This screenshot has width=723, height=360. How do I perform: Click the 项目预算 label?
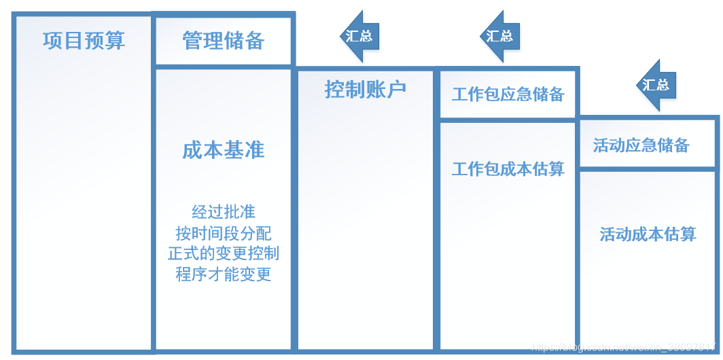tap(84, 41)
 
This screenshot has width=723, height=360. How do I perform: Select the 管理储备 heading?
tap(224, 41)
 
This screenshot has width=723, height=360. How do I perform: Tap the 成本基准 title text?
tap(224, 150)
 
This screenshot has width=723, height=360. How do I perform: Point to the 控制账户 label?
tap(365, 89)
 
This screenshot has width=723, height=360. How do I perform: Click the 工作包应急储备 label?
tap(508, 94)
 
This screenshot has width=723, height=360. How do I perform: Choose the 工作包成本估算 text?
tap(508, 168)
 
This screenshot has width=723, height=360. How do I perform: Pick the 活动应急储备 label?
tap(641, 145)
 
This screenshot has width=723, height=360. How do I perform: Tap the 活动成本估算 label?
tap(648, 235)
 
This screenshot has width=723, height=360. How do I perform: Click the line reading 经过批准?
tap(224, 211)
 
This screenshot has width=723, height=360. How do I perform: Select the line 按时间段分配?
tap(224, 233)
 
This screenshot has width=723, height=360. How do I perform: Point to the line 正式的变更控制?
tap(224, 253)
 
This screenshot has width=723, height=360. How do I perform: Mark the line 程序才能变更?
tap(224, 274)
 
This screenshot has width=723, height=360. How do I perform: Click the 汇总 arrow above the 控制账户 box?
tap(359, 35)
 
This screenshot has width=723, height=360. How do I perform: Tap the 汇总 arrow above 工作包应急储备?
tap(500, 35)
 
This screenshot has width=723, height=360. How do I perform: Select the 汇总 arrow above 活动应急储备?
tap(655, 85)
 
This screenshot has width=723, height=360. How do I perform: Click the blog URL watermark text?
tap(625, 347)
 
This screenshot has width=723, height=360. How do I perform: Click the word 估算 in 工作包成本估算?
tap(550, 168)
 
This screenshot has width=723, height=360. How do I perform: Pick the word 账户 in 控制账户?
tap(385, 89)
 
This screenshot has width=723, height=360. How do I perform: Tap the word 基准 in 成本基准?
tap(244, 150)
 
